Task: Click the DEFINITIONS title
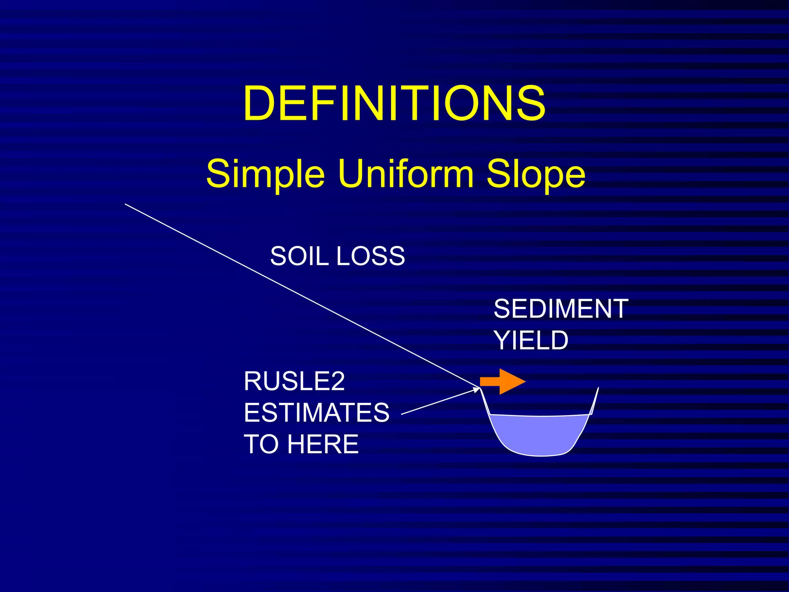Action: pyautogui.click(x=394, y=103)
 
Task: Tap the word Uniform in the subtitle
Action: pyautogui.click(x=406, y=173)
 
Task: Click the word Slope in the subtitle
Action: pyautogui.click(x=536, y=174)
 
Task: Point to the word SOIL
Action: pyautogui.click(x=299, y=256)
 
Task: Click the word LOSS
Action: pyautogui.click(x=370, y=256)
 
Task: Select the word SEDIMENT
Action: pyautogui.click(x=561, y=309)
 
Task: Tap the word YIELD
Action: pyautogui.click(x=531, y=340)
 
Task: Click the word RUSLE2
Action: pyautogui.click(x=294, y=381)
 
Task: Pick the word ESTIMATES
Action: pyautogui.click(x=316, y=412)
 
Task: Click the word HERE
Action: pyautogui.click(x=323, y=444)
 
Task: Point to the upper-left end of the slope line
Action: pyautogui.click(x=126, y=204)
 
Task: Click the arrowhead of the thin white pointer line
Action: pyautogui.click(x=477, y=389)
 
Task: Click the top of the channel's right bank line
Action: pyautogui.click(x=598, y=388)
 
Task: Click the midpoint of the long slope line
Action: pyautogui.click(x=302, y=296)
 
